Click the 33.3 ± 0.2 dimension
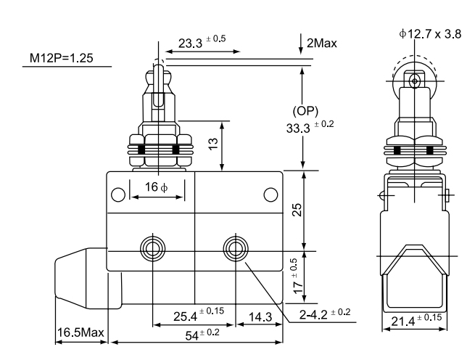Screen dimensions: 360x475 pyautogui.click(x=309, y=128)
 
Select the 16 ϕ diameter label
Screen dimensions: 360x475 pyautogui.click(x=156, y=188)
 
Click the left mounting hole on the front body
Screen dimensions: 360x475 pyautogui.click(x=153, y=247)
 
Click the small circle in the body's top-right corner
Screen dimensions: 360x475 pyautogui.click(x=270, y=194)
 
